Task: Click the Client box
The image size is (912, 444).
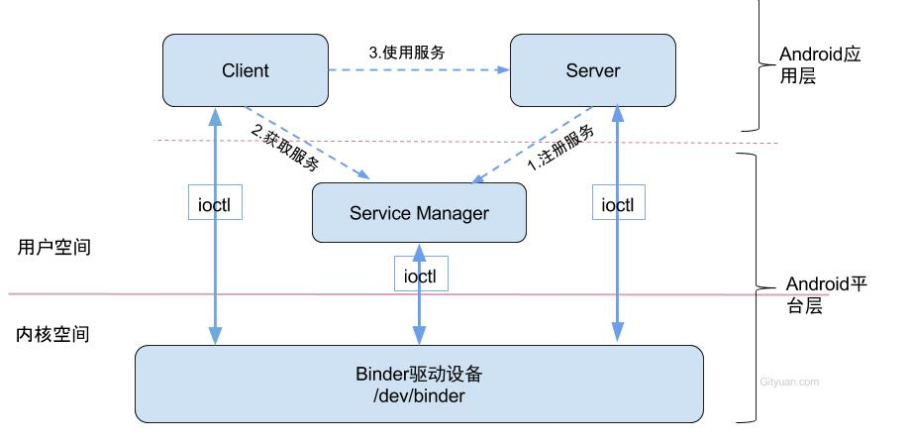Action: [245, 70]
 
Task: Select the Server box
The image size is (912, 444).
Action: [592, 70]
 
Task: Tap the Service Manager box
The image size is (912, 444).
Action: [419, 212]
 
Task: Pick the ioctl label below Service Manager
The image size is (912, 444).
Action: [420, 274]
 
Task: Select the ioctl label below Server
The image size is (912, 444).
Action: [618, 204]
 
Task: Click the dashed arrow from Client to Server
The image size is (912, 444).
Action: [418, 70]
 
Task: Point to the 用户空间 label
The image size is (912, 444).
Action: [53, 248]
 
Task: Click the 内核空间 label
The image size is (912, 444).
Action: [53, 334]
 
